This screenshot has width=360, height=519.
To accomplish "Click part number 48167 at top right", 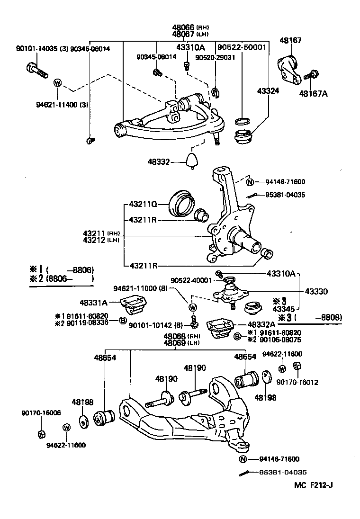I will [x=290, y=41].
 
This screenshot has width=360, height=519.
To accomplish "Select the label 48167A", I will [x=313, y=93].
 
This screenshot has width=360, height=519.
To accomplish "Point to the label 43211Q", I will [x=143, y=205].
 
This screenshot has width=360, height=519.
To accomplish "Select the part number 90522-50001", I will [x=242, y=47].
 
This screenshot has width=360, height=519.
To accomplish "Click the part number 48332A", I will [x=261, y=324].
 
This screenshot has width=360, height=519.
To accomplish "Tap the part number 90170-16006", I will [x=41, y=412].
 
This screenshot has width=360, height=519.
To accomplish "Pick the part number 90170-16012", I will [x=297, y=382].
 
